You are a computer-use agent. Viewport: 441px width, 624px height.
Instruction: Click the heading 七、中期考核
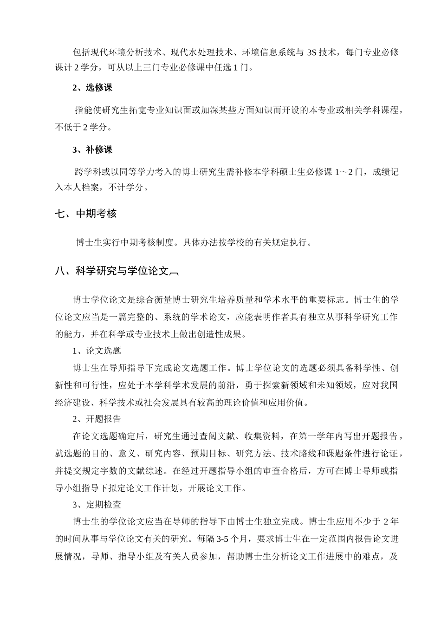coord(85,214)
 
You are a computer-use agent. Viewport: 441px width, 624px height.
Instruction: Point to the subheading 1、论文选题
coord(97,351)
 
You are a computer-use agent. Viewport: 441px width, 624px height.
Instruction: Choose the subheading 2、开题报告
coord(97,419)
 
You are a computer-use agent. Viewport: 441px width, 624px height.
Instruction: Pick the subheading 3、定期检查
coord(97,505)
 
